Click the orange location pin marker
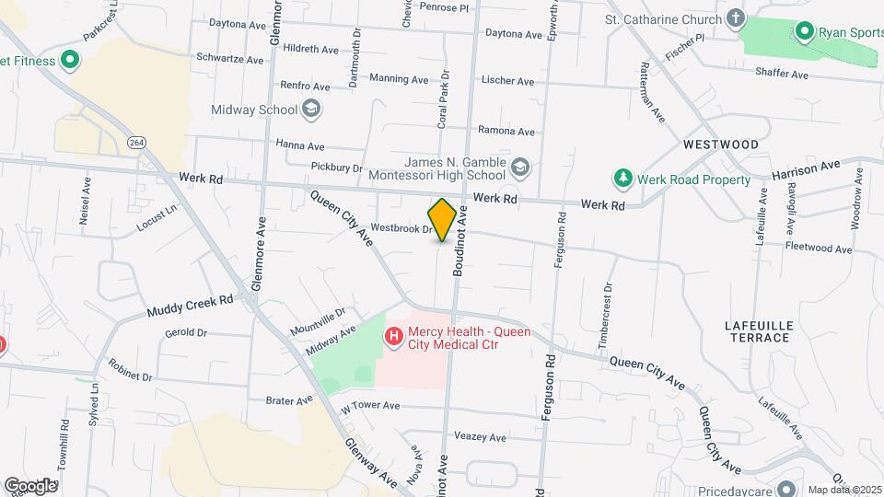click(443, 220)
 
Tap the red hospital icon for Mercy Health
click(394, 338)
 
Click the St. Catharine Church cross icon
click(735, 18)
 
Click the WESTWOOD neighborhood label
click(721, 144)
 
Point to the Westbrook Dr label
click(401, 228)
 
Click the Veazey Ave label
click(480, 437)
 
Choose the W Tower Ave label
click(370, 405)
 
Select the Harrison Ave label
click(807, 170)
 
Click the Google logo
click(29, 485)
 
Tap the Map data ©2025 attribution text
click(843, 489)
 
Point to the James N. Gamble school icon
click(520, 167)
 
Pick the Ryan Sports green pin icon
click(804, 32)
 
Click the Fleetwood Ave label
click(819, 248)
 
